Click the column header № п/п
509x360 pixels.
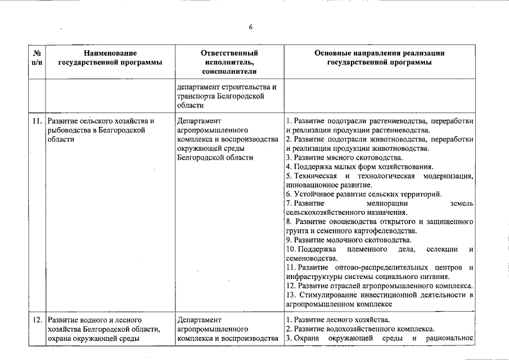[37, 58]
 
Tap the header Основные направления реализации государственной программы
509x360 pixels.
[380, 58]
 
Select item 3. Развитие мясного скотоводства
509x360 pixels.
[344, 157]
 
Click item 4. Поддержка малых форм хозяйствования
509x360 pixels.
[359, 166]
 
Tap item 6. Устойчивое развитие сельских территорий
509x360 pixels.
[363, 194]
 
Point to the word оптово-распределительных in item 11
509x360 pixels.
[376, 267]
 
